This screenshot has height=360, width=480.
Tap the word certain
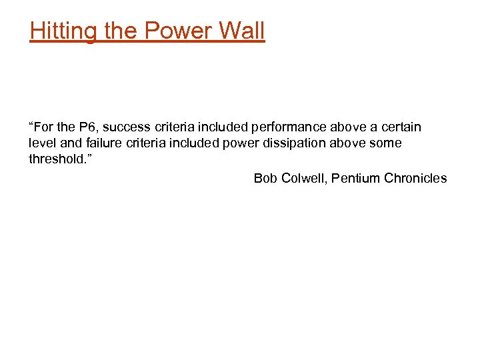point(401,127)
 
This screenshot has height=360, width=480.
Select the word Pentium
point(356,178)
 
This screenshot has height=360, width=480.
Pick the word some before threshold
point(387,143)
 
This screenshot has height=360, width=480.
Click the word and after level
point(69,143)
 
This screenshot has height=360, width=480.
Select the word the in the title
point(117,31)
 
